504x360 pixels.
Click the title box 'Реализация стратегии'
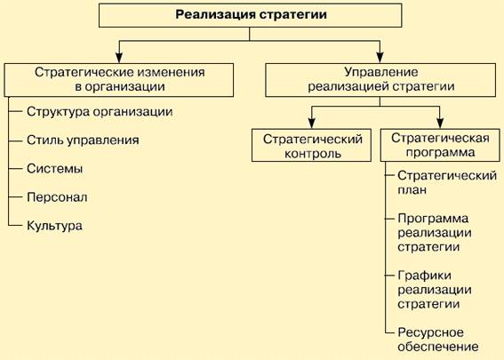click(x=250, y=15)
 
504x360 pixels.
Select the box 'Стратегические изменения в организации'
click(x=119, y=80)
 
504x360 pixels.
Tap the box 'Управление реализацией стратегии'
click(x=380, y=80)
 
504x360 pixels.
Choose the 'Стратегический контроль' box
click(x=311, y=145)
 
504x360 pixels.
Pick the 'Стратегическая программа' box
click(x=440, y=145)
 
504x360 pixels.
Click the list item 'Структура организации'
click(x=100, y=112)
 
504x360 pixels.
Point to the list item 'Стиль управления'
click(x=83, y=140)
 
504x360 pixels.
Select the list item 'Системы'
click(x=54, y=169)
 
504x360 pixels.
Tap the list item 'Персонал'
click(x=57, y=197)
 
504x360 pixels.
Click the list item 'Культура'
click(x=54, y=226)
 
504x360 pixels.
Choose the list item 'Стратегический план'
click(x=447, y=182)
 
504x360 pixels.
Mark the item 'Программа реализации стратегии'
click(x=435, y=233)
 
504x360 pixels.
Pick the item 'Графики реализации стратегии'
click(x=435, y=290)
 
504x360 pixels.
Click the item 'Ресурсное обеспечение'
click(x=438, y=340)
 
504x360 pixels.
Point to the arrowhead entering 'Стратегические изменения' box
click(x=119, y=57)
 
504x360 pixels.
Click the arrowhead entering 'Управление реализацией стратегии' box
click(x=380, y=57)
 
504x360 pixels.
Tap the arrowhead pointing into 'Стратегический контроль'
click(x=311, y=123)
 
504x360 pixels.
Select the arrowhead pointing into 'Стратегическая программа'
click(x=440, y=123)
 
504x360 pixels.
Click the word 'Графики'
click(x=424, y=276)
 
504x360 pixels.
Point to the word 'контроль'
click(x=313, y=154)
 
